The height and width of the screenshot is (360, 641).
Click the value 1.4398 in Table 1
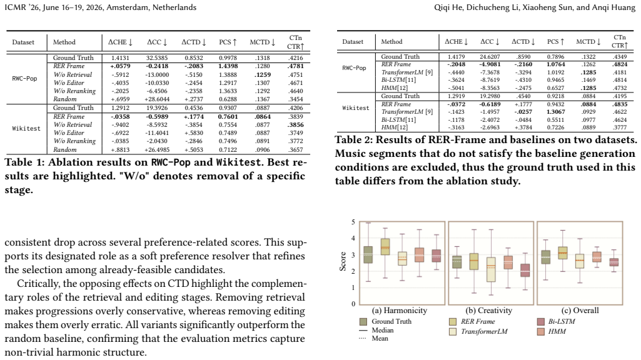(228, 66)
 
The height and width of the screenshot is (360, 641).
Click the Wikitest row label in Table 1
(26, 128)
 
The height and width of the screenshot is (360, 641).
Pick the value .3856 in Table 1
(296, 124)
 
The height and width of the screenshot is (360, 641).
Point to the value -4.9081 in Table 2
(490, 64)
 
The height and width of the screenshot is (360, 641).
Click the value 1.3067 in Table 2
(555, 111)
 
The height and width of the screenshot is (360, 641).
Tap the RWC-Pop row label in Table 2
(354, 68)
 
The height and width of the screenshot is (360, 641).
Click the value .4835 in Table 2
(620, 104)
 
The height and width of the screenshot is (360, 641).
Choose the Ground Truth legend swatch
(363, 322)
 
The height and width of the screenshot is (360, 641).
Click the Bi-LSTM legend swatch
(541, 322)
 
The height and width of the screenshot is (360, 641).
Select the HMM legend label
(557, 331)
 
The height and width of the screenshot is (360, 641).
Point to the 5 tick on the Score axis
(353, 222)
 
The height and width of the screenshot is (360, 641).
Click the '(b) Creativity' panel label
(489, 311)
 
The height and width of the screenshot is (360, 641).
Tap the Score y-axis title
(343, 261)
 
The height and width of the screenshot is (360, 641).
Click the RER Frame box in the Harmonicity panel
(385, 247)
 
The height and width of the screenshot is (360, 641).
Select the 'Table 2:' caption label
(353, 140)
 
